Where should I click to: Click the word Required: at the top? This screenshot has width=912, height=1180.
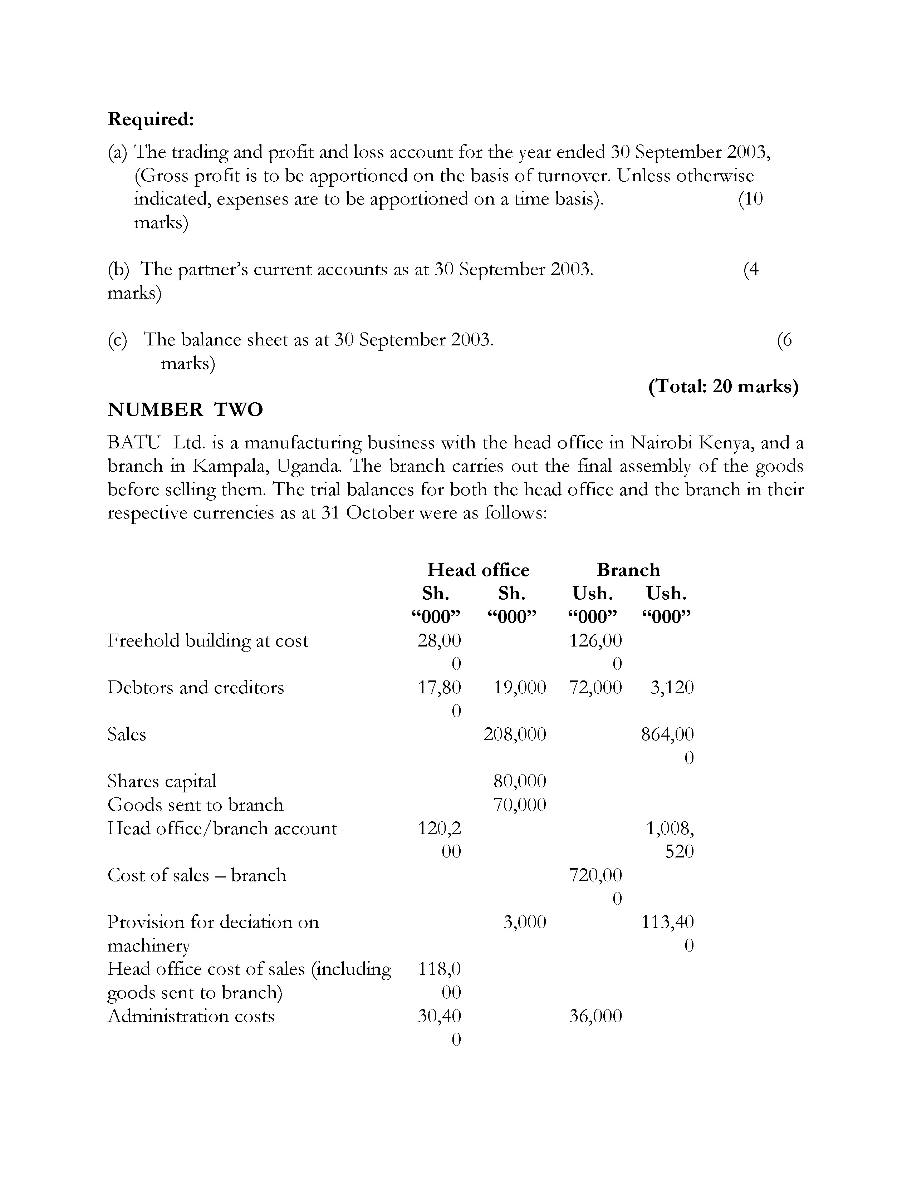(150, 119)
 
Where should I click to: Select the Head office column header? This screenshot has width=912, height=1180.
(478, 570)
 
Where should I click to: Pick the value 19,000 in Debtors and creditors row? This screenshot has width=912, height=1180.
(519, 687)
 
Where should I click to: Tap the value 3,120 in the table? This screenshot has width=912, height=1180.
(672, 687)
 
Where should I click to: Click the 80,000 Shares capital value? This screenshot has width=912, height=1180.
(519, 781)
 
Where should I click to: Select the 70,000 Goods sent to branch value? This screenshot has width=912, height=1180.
(519, 805)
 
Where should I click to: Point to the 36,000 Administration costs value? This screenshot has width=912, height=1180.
(595, 1016)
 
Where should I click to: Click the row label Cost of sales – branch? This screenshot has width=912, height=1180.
(197, 875)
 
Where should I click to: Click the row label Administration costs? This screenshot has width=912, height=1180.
(191, 1016)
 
